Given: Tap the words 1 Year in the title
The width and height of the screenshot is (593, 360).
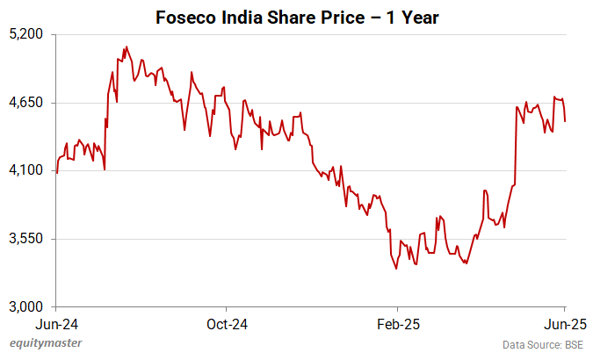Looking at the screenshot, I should point(413,17).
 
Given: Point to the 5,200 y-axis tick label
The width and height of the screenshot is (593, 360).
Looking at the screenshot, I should point(27,34).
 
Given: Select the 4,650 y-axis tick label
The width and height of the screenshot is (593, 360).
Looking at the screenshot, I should point(27,103).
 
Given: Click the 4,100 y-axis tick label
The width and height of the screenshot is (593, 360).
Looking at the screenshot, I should point(27,170).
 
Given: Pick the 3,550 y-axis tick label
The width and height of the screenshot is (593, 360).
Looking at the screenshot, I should point(27,239).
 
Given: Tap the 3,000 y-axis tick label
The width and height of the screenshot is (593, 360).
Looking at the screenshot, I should point(27,306).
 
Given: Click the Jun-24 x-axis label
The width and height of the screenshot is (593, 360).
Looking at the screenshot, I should point(56,322).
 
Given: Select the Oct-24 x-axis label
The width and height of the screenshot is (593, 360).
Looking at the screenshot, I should point(226,322).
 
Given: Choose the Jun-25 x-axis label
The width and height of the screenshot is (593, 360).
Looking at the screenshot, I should point(563,322).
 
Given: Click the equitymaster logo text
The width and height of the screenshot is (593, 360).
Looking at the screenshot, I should point(45,344).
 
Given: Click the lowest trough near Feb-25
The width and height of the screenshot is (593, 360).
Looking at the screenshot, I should point(396,269).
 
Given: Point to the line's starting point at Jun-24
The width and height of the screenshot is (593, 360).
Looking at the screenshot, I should point(57,173).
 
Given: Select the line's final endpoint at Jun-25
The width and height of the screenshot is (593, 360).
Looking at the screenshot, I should point(565,121).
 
